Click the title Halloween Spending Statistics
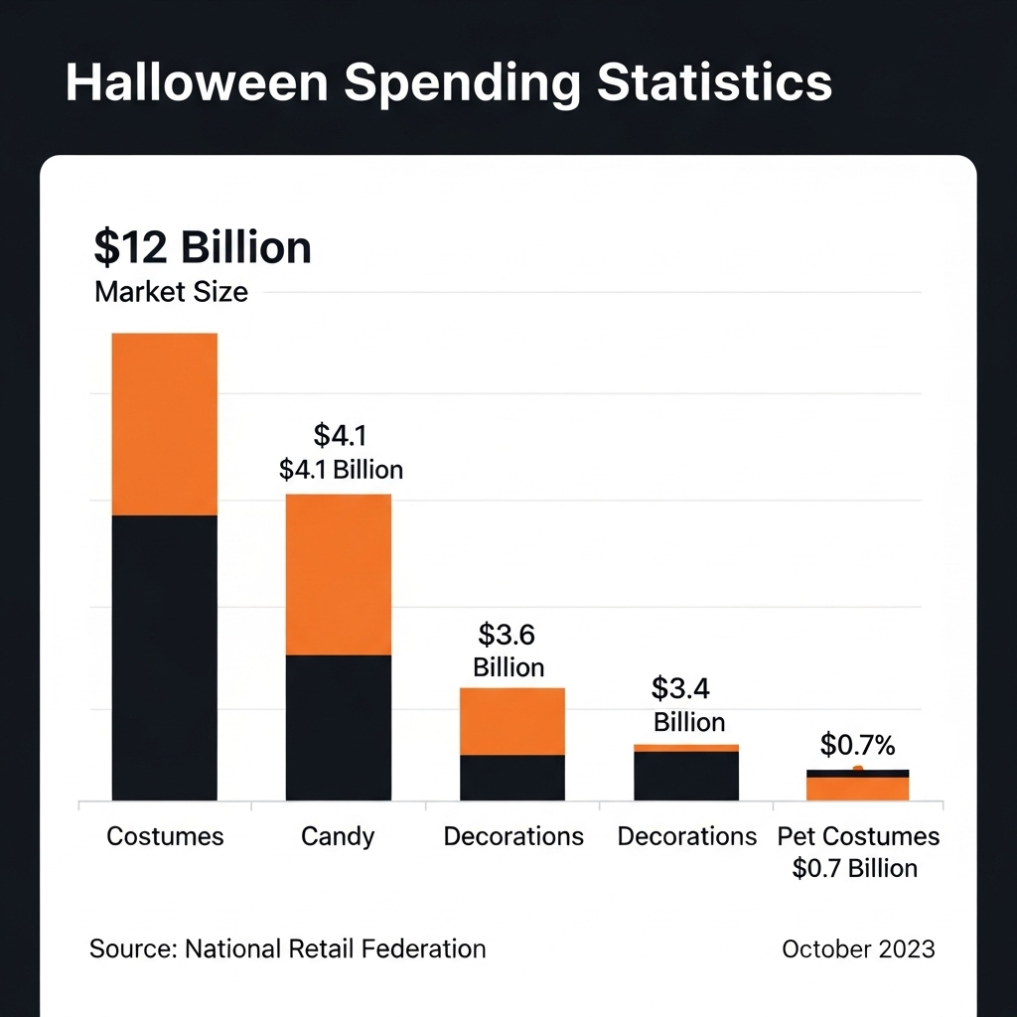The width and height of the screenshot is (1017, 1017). [x=448, y=82]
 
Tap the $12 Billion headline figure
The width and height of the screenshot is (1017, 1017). [x=203, y=246]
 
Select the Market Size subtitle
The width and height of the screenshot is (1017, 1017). [x=171, y=293]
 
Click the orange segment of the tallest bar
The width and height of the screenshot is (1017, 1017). [x=165, y=424]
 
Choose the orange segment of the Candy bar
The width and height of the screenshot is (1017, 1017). [x=339, y=574]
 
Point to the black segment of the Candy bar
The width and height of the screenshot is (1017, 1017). [x=339, y=727]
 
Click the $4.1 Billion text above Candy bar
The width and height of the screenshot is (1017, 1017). [x=341, y=469]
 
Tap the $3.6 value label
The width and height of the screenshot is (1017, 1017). [x=508, y=634]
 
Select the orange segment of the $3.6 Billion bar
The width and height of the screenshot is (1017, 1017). [x=512, y=721]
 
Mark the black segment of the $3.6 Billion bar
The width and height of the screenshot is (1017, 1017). [x=512, y=778]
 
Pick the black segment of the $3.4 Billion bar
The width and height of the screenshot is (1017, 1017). [x=686, y=776]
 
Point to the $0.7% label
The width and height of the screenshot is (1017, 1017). [x=858, y=745]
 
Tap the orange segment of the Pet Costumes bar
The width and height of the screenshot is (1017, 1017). [x=858, y=789]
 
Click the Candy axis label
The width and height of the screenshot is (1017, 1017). [x=338, y=836]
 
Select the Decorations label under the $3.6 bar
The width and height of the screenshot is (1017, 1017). [x=513, y=836]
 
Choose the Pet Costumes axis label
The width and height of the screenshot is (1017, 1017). [x=858, y=836]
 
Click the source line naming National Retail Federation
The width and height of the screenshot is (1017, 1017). [x=288, y=948]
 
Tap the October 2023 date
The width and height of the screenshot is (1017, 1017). [x=858, y=948]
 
